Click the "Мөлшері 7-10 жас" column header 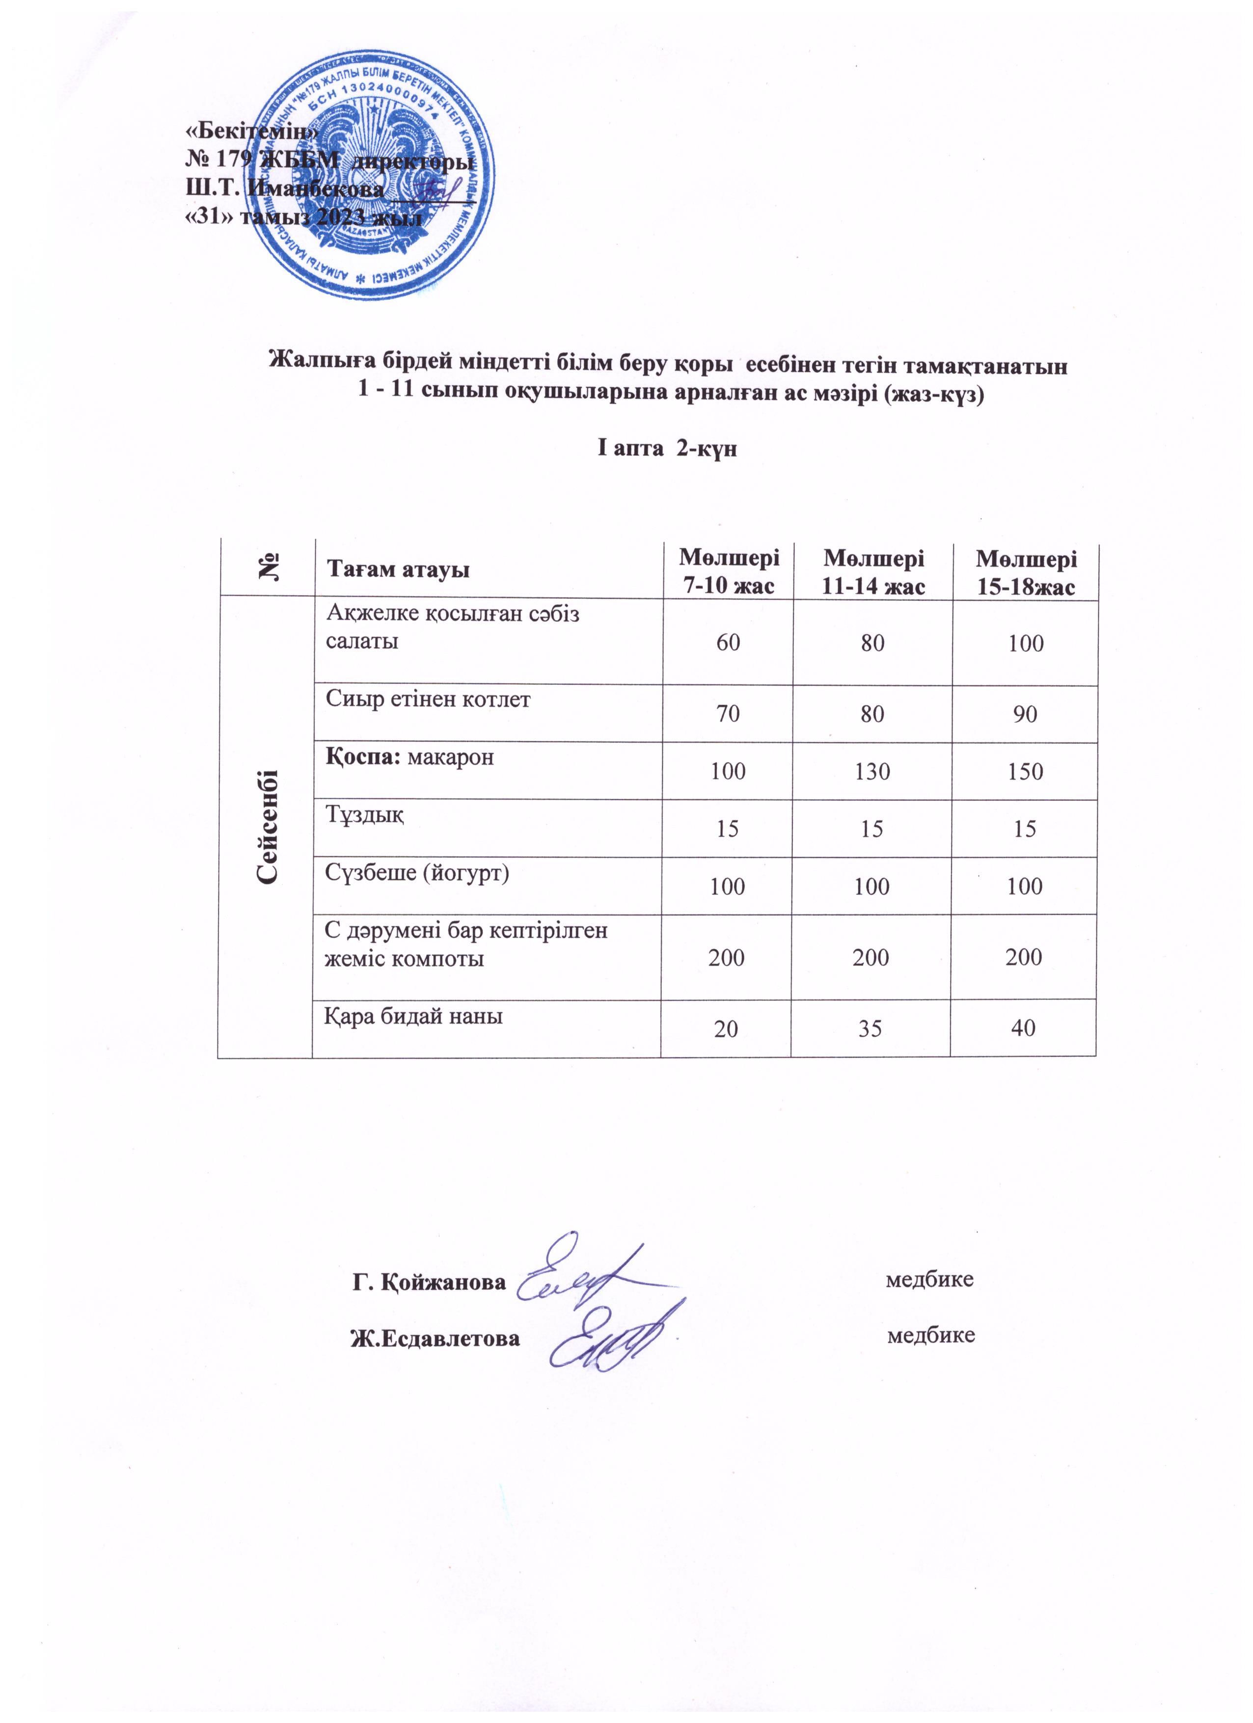(728, 571)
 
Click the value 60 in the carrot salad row (728, 644)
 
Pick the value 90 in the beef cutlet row (1025, 715)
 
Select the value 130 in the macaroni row (872, 772)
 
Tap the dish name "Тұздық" (365, 816)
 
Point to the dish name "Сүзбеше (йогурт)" (417, 873)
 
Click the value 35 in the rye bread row (871, 1028)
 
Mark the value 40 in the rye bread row (1024, 1028)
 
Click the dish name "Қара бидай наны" (414, 1016)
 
